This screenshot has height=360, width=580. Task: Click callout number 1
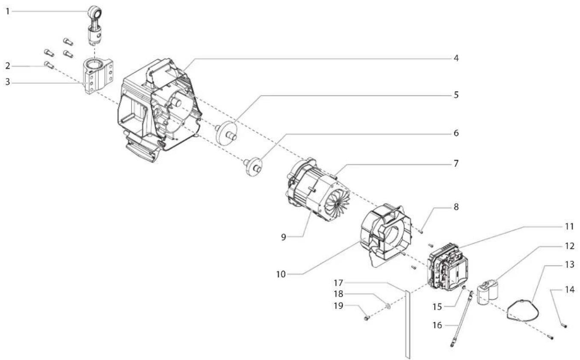pos(8,12)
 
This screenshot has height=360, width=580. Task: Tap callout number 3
pos(8,82)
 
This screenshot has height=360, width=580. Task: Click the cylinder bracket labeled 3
pos(99,76)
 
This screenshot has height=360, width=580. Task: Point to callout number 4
pos(456,58)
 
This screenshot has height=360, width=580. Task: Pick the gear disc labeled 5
pos(226,133)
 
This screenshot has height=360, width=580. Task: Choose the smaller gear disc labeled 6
pos(253,166)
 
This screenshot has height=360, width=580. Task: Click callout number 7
pos(456,164)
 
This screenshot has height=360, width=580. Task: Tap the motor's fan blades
pos(337,203)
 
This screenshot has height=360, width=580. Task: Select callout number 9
pos(284,237)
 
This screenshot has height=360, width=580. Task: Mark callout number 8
pos(456,207)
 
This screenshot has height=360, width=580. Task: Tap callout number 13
pos(569,265)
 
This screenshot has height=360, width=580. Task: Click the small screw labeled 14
pos(563,325)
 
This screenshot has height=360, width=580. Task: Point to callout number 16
pos(437,325)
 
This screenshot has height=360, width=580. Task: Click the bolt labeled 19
pos(366,318)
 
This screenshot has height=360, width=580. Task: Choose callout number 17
pos(338,283)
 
